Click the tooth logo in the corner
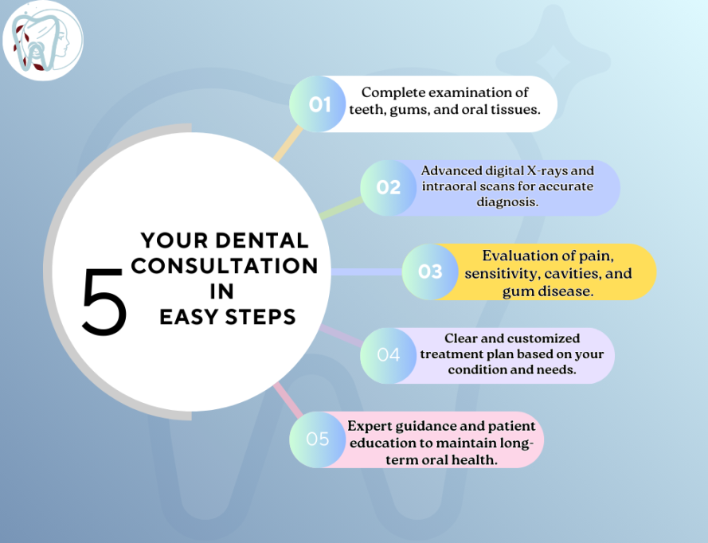[x=43, y=40]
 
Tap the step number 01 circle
[x=319, y=104]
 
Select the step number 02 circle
[x=389, y=188]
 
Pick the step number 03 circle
[x=430, y=271]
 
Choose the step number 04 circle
[x=389, y=355]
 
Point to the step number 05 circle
[x=317, y=439]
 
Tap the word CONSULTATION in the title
[x=225, y=265]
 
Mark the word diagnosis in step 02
[x=508, y=203]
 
